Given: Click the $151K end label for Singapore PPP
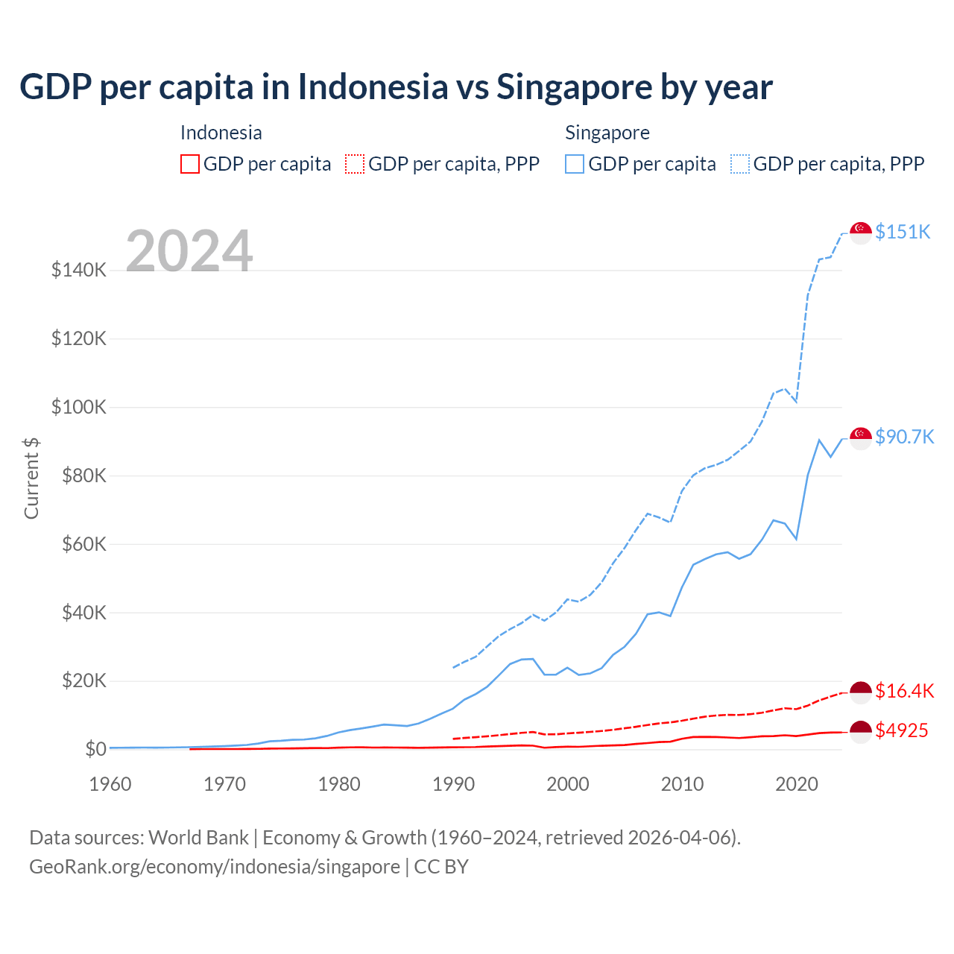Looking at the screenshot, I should pyautogui.click(x=903, y=232).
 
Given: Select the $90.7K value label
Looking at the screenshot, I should pyautogui.click(x=904, y=437).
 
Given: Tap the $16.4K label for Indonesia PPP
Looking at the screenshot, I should pyautogui.click(x=904, y=691).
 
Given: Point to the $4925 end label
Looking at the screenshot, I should pyautogui.click(x=901, y=730).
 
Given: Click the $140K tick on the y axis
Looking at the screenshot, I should pyautogui.click(x=79, y=270).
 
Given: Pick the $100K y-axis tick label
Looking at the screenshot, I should pyautogui.click(x=79, y=407).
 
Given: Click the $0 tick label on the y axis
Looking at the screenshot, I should pyautogui.click(x=95, y=749).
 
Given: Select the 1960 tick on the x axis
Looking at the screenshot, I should pyautogui.click(x=110, y=784).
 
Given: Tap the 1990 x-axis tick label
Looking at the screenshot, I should pyautogui.click(x=453, y=784).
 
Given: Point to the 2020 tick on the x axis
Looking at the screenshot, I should pyautogui.click(x=797, y=784).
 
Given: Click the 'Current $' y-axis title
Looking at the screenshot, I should pyautogui.click(x=31, y=478).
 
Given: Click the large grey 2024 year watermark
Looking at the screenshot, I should pyautogui.click(x=189, y=251).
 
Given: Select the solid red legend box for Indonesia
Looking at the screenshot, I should pyautogui.click(x=190, y=164).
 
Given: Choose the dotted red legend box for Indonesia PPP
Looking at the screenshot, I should pyautogui.click(x=355, y=164).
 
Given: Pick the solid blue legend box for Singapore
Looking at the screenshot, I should pyautogui.click(x=575, y=164).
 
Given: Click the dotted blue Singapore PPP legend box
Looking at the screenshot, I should pyautogui.click(x=740, y=164).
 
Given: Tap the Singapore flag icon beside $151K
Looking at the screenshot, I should pyautogui.click(x=861, y=233).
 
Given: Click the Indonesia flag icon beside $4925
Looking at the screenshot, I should pyautogui.click(x=861, y=732).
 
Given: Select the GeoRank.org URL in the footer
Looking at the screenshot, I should pyautogui.click(x=215, y=867).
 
